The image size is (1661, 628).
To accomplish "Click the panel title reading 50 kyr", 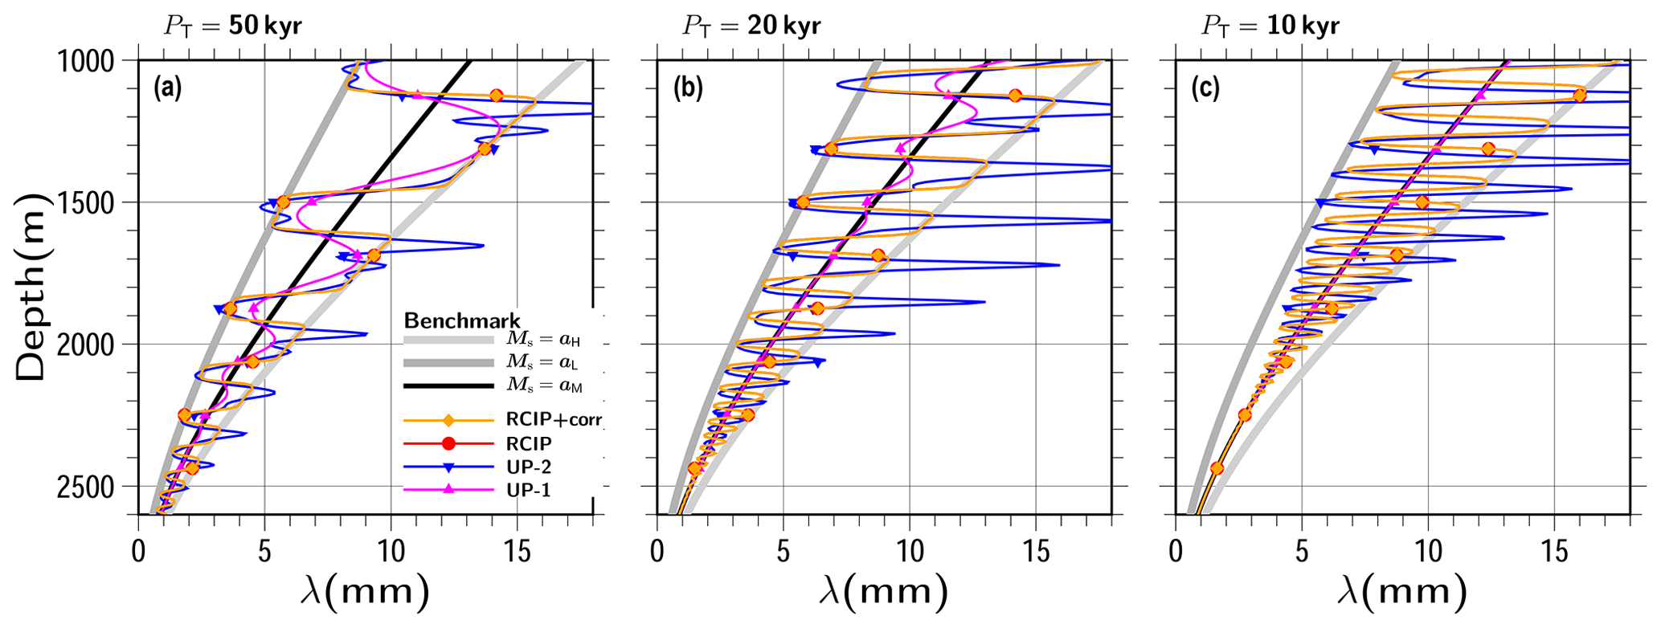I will [233, 26].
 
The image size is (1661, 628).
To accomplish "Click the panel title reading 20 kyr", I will [751, 26].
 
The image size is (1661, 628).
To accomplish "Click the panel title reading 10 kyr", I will [1270, 26].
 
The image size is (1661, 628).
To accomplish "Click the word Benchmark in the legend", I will [461, 321].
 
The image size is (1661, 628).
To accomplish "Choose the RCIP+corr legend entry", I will [554, 419].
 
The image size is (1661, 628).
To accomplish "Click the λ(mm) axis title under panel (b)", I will [883, 593].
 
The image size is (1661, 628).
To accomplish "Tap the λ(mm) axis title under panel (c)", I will [1402, 593].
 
